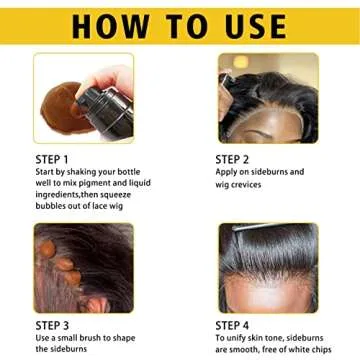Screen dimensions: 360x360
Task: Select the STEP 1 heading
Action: [51, 158]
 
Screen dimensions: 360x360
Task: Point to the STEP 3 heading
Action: [51, 325]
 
